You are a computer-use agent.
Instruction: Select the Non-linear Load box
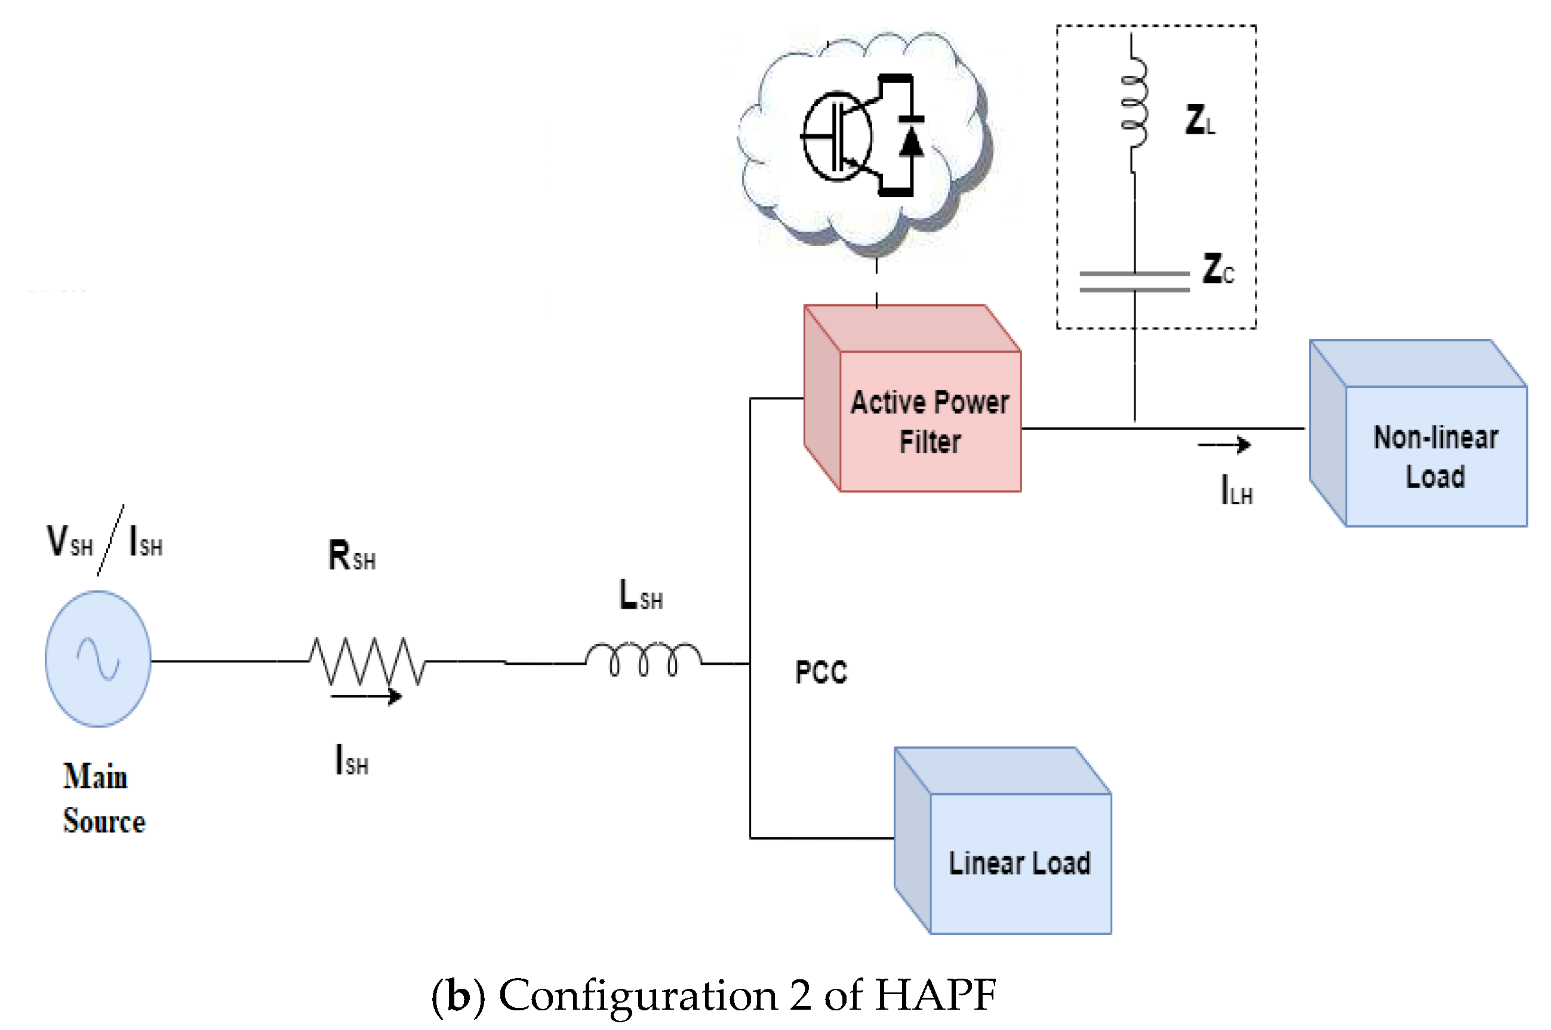1435,456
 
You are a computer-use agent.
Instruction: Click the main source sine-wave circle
98,658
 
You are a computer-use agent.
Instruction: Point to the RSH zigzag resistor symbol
367,660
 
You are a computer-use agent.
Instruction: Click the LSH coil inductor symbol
644,659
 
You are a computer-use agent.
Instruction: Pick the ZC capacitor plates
1134,281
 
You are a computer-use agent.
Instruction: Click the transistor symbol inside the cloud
836,137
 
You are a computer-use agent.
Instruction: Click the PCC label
821,672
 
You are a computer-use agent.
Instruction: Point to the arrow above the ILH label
1224,445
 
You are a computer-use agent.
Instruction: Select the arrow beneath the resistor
366,696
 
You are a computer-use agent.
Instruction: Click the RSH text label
352,556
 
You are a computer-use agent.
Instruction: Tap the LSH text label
641,595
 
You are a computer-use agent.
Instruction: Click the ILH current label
1236,490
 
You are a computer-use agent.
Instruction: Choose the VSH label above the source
70,541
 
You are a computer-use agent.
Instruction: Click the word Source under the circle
104,821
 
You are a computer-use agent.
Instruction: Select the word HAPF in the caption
935,995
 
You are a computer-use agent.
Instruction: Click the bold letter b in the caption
458,996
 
